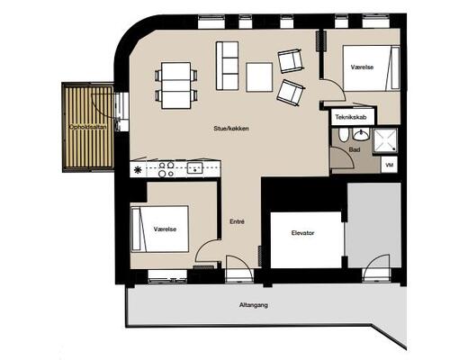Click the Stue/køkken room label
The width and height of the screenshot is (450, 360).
click(x=231, y=129)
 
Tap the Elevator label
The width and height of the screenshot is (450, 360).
click(x=302, y=233)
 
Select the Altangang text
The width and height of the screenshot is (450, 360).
click(x=254, y=305)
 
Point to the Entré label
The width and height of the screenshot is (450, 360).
click(x=237, y=221)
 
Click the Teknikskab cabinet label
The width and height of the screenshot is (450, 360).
click(x=351, y=117)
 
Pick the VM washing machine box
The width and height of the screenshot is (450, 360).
click(x=389, y=165)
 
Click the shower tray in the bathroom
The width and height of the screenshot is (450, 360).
click(x=385, y=140)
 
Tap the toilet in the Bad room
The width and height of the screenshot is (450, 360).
click(x=344, y=136)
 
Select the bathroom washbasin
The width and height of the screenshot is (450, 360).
click(x=361, y=135)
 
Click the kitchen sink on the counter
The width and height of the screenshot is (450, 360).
click(x=195, y=168)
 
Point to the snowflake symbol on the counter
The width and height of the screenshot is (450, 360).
click(x=138, y=170)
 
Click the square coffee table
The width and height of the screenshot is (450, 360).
click(x=259, y=77)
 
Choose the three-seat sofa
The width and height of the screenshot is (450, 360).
click(x=227, y=66)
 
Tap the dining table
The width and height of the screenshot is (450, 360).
click(x=176, y=85)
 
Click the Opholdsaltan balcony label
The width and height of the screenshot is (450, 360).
click(x=87, y=127)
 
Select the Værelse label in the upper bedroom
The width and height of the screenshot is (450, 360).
click(x=362, y=67)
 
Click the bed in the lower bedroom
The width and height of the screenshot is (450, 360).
click(x=160, y=229)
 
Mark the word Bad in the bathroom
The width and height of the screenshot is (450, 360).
click(x=355, y=149)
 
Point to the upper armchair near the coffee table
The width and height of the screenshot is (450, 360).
click(x=290, y=61)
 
